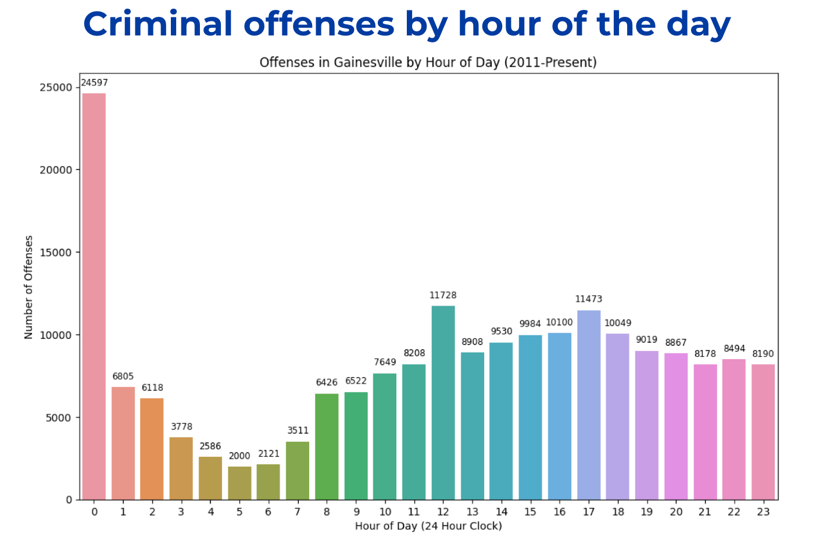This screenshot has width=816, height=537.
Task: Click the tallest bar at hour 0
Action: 94,296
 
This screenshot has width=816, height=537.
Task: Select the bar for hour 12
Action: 443,403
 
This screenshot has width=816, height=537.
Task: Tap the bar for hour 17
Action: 589,405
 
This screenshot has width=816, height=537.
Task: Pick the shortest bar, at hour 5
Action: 239,483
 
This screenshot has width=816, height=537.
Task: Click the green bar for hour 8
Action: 327,446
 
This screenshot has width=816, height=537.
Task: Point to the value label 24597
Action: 94,83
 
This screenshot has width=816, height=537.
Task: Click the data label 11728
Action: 443,295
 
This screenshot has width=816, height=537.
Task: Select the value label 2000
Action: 239,456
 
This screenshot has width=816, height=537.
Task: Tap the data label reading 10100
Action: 559,323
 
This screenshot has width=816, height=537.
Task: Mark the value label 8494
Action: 734,349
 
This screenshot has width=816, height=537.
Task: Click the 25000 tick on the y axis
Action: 56,88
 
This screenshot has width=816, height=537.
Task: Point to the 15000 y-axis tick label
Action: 56,253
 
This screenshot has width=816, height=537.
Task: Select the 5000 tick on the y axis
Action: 59,418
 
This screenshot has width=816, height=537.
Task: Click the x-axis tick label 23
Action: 763,512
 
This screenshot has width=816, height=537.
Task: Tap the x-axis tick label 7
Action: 298,512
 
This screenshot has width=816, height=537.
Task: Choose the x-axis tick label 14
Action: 501,512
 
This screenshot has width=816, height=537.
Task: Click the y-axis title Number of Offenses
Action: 28,287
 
